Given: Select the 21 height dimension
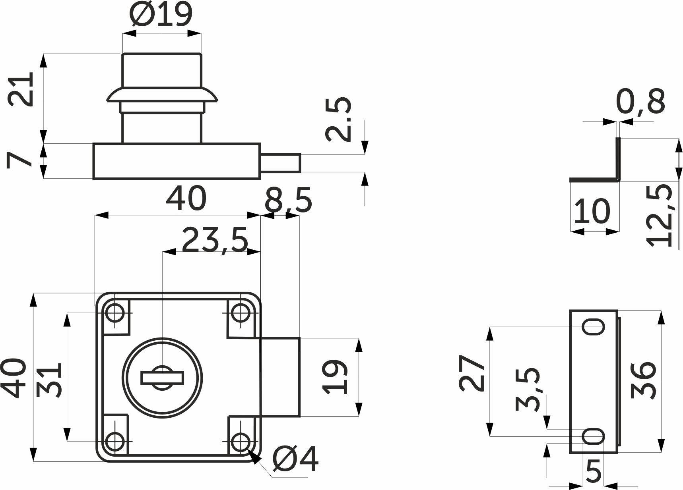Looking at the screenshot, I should (21, 89).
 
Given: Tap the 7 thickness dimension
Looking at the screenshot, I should (19, 160).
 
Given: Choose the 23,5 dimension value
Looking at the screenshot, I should (215, 240).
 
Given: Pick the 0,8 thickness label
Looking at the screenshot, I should (640, 102).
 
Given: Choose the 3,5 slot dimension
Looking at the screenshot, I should (528, 389).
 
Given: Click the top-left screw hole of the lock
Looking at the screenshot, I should (115, 313).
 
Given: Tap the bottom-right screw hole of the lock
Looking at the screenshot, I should (240, 442).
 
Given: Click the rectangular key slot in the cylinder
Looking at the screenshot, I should (162, 378).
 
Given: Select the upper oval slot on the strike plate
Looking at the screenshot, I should (594, 327).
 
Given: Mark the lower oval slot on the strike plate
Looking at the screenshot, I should (594, 437).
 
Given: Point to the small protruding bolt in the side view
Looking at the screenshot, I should (280, 163).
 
